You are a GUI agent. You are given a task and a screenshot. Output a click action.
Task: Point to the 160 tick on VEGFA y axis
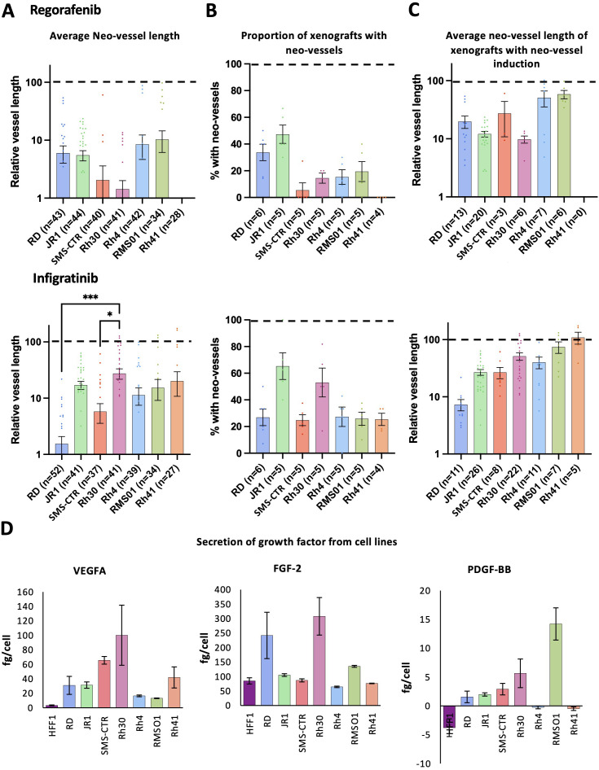pyautogui.click(x=29, y=592)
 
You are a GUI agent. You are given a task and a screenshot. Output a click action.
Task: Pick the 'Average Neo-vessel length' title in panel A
pyautogui.click(x=102, y=36)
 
